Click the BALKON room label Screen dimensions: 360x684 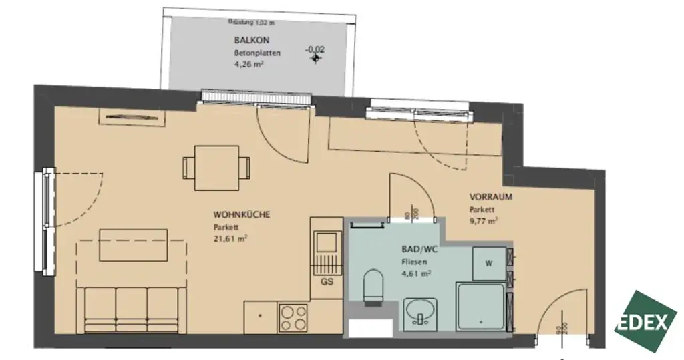(247, 41)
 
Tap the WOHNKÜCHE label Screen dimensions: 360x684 (241, 215)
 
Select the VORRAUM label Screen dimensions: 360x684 (490, 198)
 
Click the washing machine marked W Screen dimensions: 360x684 (489, 263)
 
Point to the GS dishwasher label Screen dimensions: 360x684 (327, 282)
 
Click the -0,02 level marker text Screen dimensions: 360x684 (315, 49)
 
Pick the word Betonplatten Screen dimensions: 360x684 (256, 53)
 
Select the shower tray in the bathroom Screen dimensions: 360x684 (482, 307)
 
